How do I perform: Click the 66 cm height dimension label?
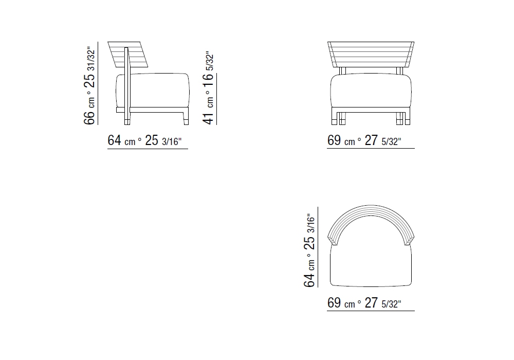click(89, 86)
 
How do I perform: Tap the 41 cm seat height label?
click(208, 88)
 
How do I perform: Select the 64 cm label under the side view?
click(144, 140)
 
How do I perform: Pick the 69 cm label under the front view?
click(364, 140)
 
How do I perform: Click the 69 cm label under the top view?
click(364, 303)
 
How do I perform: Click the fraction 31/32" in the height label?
click(91, 59)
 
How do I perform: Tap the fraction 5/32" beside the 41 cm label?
click(210, 61)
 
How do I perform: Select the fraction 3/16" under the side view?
click(172, 141)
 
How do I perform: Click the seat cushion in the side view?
click(160, 90)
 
